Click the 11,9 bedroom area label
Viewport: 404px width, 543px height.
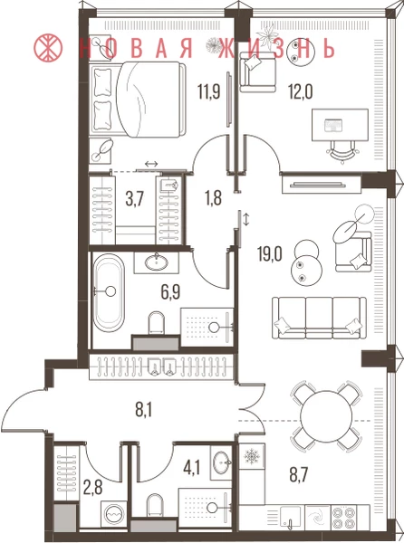point(209,92)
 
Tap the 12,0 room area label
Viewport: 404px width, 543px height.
point(301,92)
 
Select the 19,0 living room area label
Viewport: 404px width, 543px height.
point(270,254)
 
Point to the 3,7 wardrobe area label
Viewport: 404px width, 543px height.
point(134,200)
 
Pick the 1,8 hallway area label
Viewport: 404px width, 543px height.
point(213,198)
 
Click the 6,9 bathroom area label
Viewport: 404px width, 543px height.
point(170,292)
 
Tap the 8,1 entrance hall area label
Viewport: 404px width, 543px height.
point(144,411)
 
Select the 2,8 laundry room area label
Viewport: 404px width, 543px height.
point(93,488)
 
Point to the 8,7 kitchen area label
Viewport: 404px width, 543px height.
point(299,473)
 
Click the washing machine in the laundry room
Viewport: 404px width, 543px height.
point(113,516)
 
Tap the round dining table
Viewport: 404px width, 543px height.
point(327,416)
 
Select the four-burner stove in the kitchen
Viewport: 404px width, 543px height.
point(343,516)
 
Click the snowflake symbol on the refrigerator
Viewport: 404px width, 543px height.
point(252,456)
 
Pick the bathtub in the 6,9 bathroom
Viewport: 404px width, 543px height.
point(109,292)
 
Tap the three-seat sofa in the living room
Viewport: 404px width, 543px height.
point(319,318)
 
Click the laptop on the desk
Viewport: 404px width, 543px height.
point(333,126)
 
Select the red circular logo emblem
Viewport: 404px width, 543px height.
point(48,47)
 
